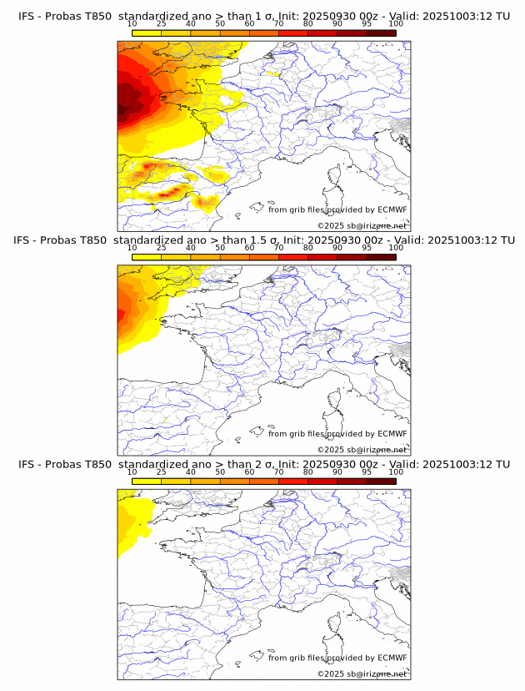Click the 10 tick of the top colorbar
click(x=132, y=23)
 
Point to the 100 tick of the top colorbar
click(x=396, y=23)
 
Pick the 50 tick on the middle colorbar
click(x=220, y=248)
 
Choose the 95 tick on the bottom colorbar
click(x=367, y=472)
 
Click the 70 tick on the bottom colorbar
click(x=278, y=472)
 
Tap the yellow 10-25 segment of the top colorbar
click(x=147, y=33)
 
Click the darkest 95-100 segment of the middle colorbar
click(x=381, y=257)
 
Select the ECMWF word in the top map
click(x=392, y=209)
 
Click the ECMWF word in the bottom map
click(x=392, y=658)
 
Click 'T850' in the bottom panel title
click(x=97, y=464)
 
